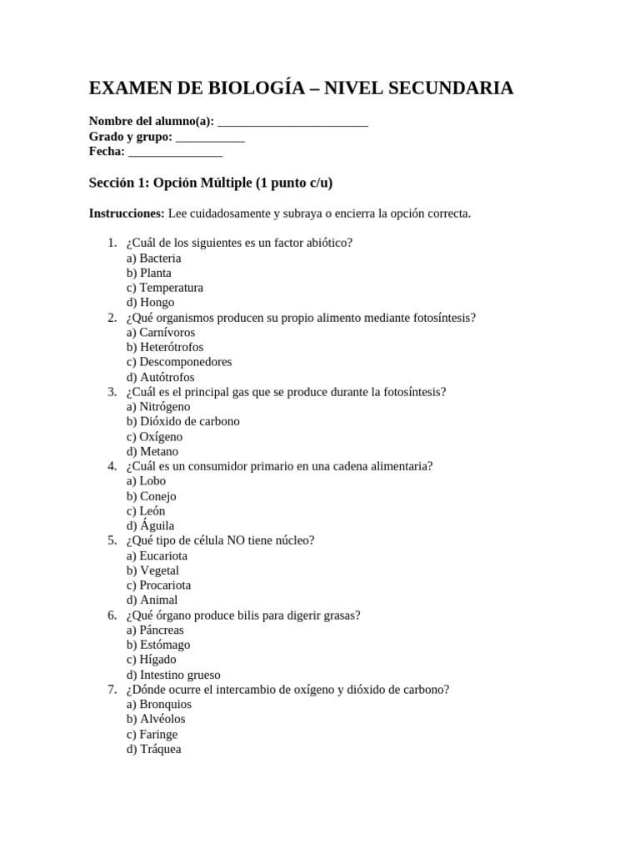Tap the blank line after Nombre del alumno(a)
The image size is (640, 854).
point(292,123)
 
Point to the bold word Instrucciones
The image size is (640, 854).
point(127,213)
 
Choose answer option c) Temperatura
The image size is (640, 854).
point(165,288)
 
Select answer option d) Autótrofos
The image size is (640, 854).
point(161,377)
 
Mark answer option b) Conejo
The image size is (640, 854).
point(152,496)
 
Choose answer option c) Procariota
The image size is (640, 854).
point(158,585)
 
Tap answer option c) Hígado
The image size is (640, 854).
point(152,659)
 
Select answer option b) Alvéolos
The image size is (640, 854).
point(156,719)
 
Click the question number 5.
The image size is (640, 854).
point(112,540)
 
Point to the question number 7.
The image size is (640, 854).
point(112,689)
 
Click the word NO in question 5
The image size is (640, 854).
point(230,540)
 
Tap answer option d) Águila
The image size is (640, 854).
point(151,525)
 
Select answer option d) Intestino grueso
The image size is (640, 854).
point(173,675)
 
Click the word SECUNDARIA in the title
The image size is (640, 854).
point(451,88)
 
